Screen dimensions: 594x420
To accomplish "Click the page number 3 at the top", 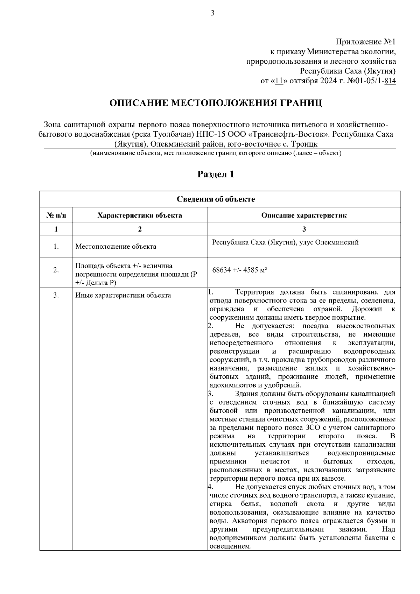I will (212, 13).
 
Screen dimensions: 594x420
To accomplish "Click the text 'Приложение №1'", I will (366, 42).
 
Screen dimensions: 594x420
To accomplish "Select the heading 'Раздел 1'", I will (216, 174).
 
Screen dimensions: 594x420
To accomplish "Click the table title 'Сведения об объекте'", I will (216, 199).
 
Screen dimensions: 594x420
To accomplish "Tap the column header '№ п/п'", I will (56, 215).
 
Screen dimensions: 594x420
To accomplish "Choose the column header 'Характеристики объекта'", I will (140, 215).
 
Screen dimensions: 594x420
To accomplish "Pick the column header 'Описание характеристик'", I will (304, 215).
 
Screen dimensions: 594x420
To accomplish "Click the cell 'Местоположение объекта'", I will (116, 247).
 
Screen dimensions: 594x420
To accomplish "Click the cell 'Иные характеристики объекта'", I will (123, 296).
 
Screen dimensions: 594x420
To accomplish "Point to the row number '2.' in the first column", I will (56, 270).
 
